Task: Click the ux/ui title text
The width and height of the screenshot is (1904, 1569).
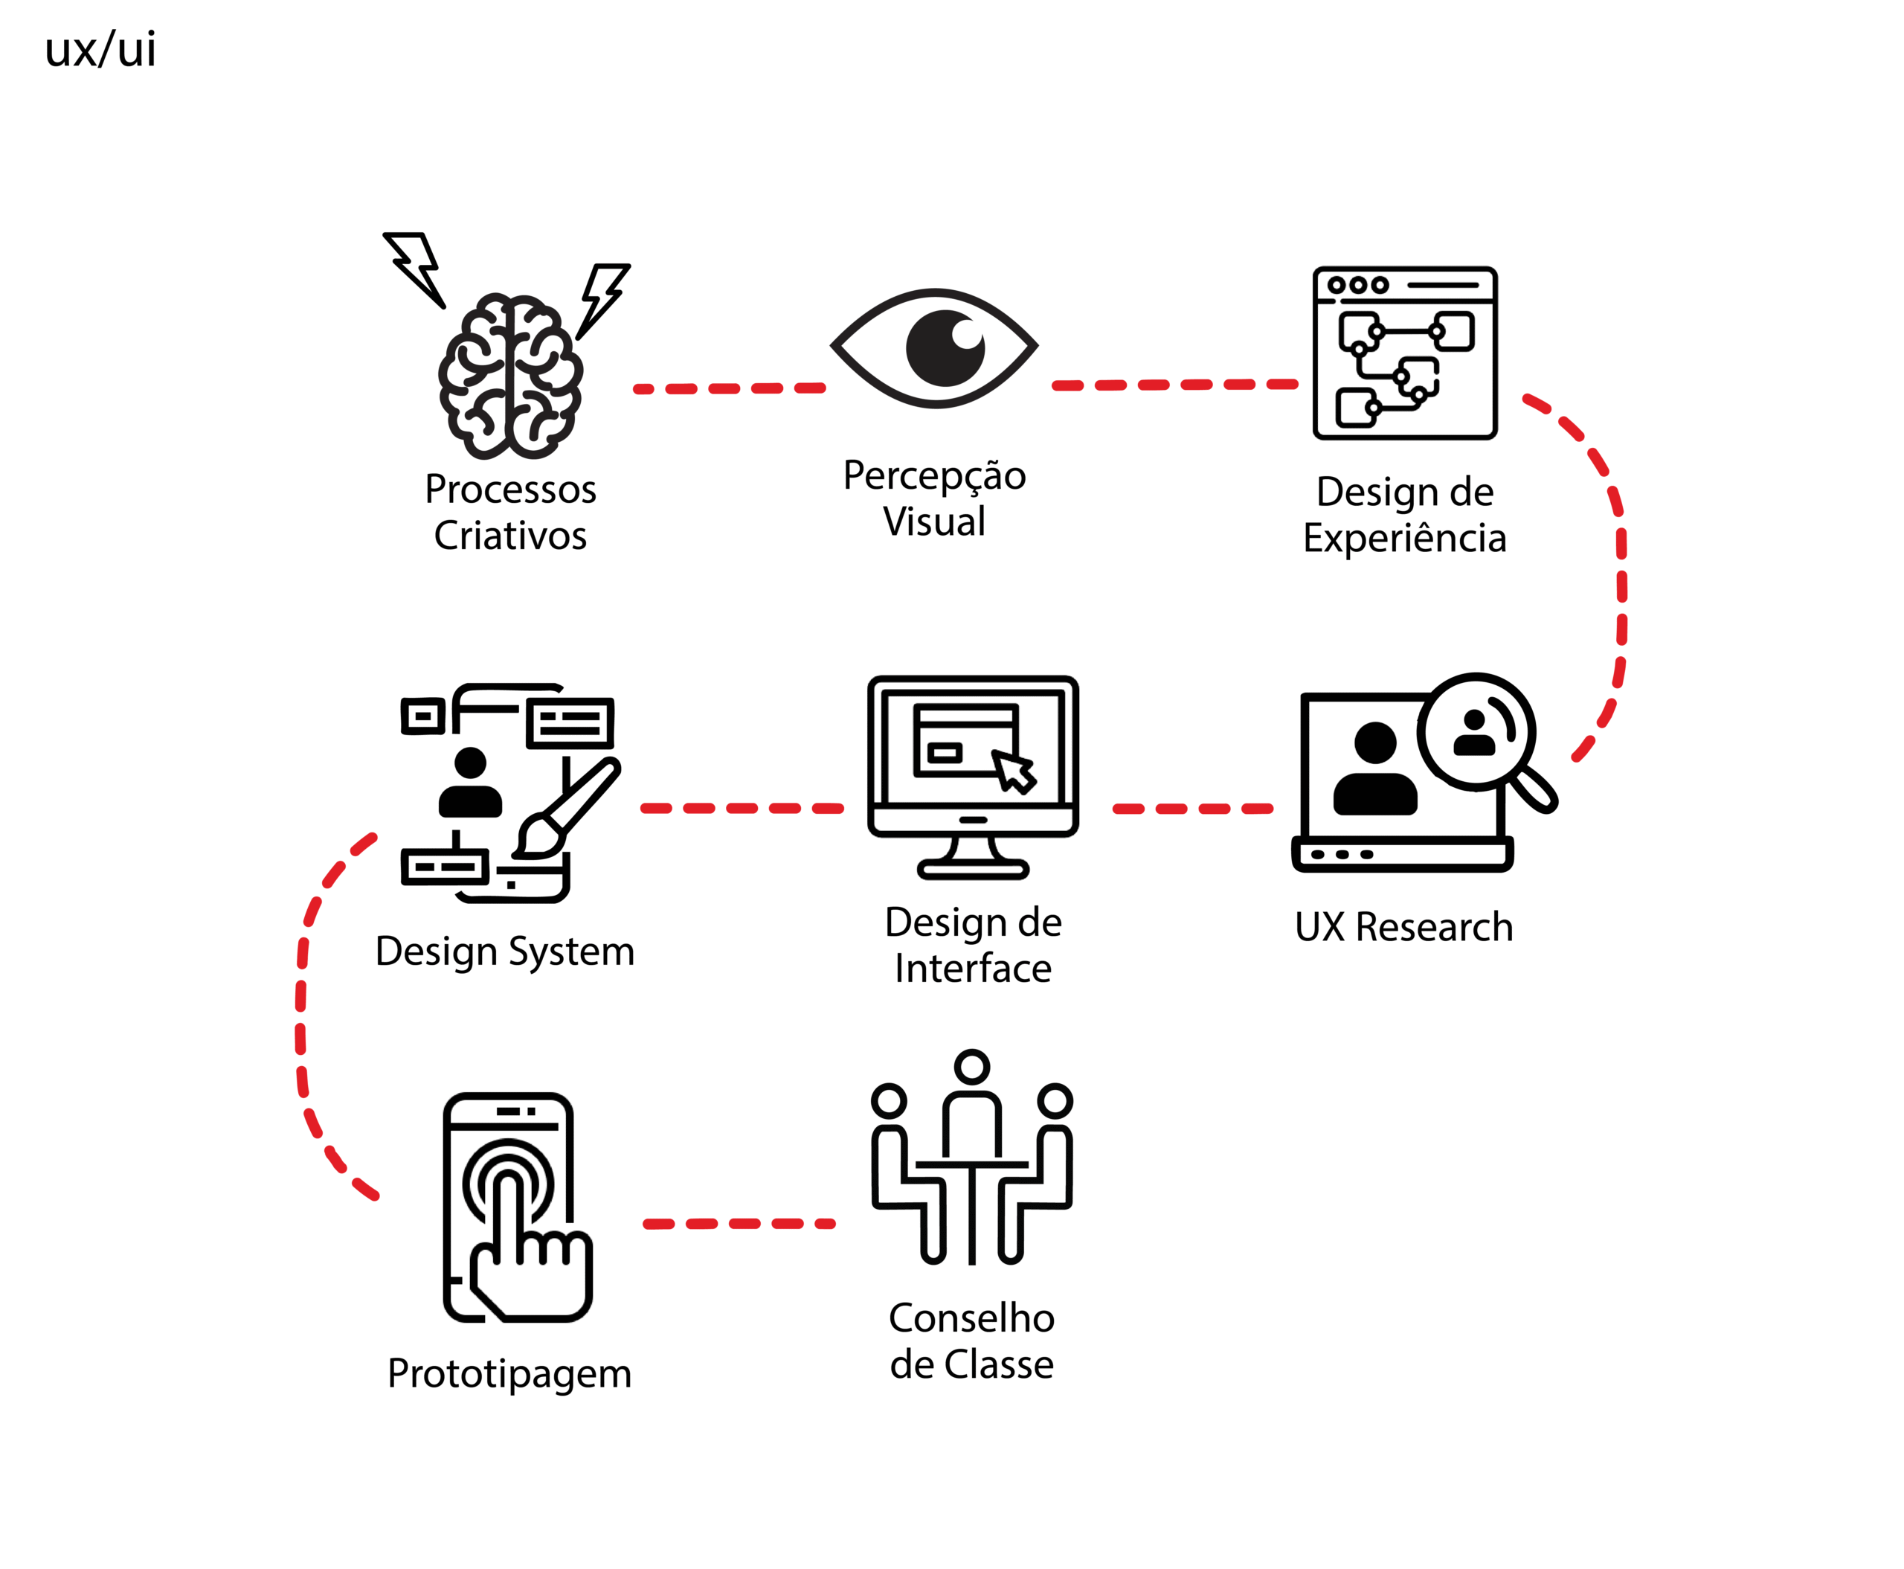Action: click(x=100, y=49)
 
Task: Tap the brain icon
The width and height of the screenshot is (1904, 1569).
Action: click(x=510, y=375)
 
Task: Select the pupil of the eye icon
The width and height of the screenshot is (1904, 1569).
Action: click(x=945, y=348)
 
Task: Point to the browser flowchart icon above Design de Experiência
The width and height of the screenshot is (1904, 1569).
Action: click(x=1404, y=353)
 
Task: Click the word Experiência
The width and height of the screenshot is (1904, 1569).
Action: click(x=1404, y=539)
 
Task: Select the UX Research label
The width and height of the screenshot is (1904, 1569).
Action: click(x=1403, y=927)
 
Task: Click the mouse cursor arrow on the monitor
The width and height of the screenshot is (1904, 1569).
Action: click(x=1014, y=771)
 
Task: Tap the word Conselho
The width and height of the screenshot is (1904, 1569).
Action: click(x=971, y=1318)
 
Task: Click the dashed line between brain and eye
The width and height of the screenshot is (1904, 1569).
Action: click(x=730, y=388)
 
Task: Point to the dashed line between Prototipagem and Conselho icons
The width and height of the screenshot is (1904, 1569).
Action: click(x=739, y=1224)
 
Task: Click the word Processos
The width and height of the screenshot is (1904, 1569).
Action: click(x=510, y=490)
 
